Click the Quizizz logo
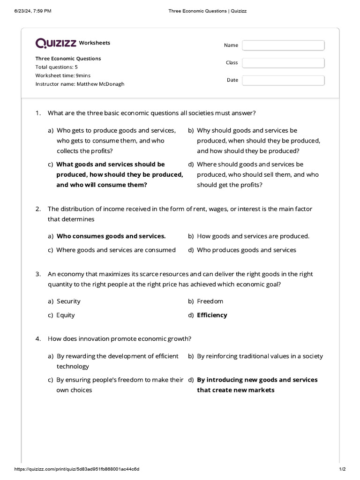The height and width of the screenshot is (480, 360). (x=56, y=43)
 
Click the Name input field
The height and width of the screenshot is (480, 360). (x=283, y=45)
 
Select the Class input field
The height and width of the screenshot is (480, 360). (x=283, y=63)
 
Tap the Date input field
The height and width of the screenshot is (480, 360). (x=283, y=80)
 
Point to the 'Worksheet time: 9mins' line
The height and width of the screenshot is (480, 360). (x=63, y=75)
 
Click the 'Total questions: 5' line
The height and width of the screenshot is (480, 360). (x=56, y=67)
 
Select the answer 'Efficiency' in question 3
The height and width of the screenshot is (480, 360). (x=212, y=315)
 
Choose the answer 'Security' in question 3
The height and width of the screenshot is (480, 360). (x=68, y=301)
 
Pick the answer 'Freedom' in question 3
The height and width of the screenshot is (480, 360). (x=210, y=301)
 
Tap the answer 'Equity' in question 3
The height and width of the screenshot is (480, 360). (x=66, y=315)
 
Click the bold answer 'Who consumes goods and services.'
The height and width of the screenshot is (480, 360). (x=111, y=236)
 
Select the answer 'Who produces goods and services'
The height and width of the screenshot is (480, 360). (x=247, y=250)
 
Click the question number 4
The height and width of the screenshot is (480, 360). (x=38, y=338)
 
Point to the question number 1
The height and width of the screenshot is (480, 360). (x=38, y=113)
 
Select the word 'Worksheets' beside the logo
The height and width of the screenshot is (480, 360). (x=95, y=43)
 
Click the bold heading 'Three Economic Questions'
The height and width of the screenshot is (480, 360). (x=68, y=59)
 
